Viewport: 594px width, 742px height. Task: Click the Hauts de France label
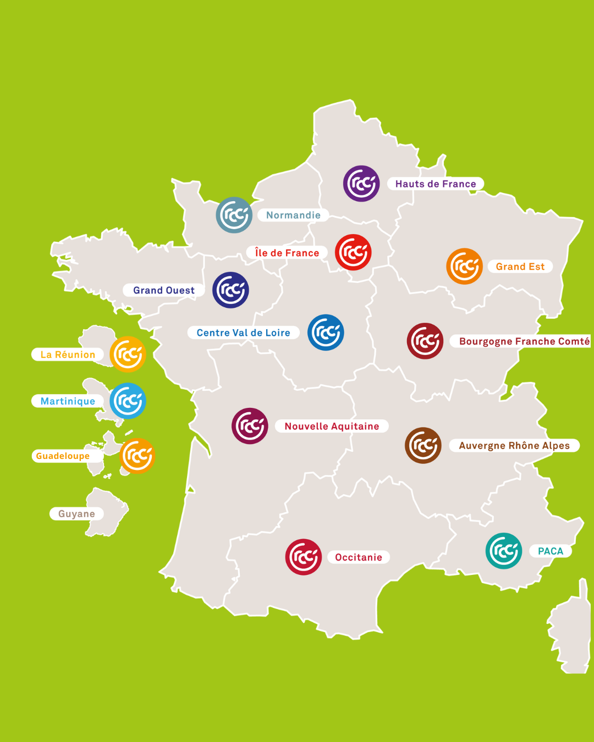[x=436, y=184]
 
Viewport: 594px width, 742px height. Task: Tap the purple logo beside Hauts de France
[x=361, y=184]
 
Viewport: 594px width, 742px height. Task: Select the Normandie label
[x=293, y=215]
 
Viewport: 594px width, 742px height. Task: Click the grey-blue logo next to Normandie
[x=234, y=215]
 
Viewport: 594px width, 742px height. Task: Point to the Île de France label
[x=287, y=253]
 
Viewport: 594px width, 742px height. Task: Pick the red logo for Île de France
[x=353, y=252]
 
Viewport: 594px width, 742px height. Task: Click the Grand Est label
[x=520, y=267]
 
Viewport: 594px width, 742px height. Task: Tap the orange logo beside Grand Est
[x=465, y=266]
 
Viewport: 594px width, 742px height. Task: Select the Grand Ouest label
[x=163, y=290]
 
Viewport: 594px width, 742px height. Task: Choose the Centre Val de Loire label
[x=243, y=333]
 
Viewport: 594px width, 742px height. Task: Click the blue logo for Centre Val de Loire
[x=326, y=333]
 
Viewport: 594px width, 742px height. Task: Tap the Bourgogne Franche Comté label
[x=524, y=341]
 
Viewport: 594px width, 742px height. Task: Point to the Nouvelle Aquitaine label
[x=332, y=426]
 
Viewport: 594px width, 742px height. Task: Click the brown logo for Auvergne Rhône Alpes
[x=423, y=445]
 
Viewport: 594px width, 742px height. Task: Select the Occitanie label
[x=359, y=557]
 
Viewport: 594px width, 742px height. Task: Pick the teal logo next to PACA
[x=503, y=551]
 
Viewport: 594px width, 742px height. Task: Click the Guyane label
[x=76, y=514]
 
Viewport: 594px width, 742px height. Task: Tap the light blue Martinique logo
[x=128, y=401]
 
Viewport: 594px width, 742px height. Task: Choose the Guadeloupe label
[x=63, y=456]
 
